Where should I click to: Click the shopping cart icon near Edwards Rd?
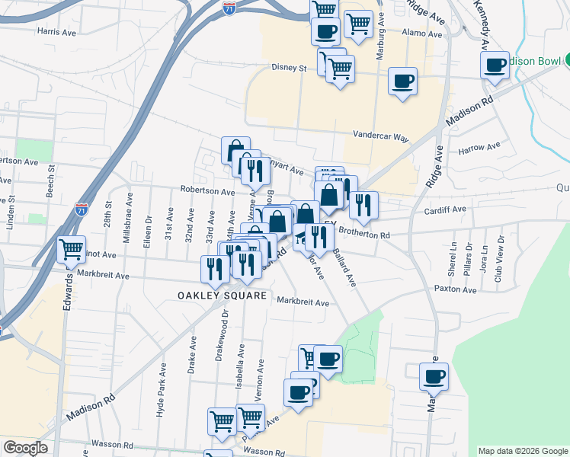[71, 248]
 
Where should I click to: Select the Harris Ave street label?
[57, 32]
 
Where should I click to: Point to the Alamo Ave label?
[418, 33]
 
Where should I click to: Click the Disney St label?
[289, 68]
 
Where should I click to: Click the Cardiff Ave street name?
[445, 209]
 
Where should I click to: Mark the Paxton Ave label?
[454, 289]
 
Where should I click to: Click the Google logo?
[25, 448]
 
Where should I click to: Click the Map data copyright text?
[522, 451]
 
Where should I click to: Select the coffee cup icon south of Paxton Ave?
[434, 376]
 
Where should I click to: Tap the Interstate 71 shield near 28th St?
[82, 208]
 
